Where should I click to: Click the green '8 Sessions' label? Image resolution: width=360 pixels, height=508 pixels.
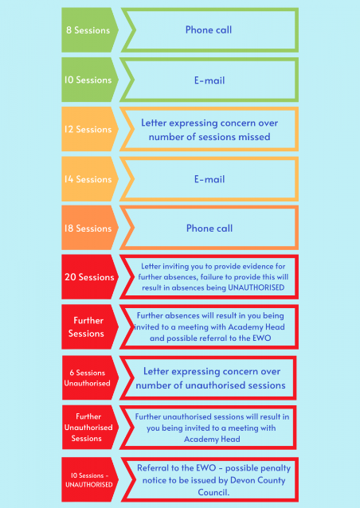(88, 30)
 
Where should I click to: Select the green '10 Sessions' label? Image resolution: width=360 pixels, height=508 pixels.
(88, 80)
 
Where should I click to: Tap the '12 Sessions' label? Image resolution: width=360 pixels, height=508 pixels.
(88, 129)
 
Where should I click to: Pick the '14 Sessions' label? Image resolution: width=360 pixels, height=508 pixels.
(88, 179)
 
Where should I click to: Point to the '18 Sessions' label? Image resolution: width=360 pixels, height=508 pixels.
(88, 229)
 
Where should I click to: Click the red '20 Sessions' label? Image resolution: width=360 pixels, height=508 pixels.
(89, 277)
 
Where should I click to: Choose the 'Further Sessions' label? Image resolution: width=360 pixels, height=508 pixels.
(87, 327)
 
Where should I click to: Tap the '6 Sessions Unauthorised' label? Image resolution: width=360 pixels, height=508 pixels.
(87, 377)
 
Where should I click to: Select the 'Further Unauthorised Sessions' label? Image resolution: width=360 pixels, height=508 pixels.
(88, 428)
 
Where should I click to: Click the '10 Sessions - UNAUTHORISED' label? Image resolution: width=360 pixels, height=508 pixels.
(89, 480)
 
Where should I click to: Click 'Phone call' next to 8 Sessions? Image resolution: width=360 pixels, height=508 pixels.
(209, 29)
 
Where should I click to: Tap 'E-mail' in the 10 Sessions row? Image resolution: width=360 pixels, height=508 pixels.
(209, 80)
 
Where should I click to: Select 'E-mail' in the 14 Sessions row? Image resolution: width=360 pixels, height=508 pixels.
(209, 179)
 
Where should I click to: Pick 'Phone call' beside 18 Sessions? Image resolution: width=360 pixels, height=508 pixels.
(209, 229)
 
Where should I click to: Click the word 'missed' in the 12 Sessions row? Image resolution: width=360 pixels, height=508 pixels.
(254, 137)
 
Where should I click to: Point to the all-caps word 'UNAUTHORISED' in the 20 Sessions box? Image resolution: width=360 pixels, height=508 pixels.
(256, 287)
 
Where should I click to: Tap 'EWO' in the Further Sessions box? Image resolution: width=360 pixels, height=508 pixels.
(262, 338)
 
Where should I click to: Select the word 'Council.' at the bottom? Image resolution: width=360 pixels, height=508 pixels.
(213, 492)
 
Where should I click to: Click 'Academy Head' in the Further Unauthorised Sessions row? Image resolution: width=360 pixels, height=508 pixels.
(212, 440)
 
